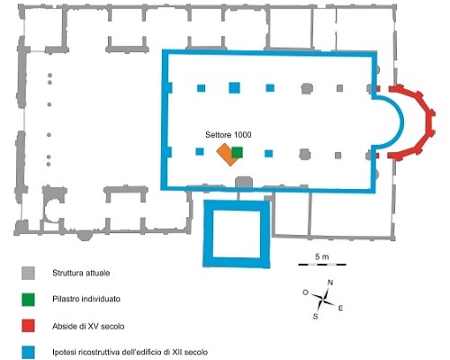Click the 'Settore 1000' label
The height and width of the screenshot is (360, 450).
tap(229, 135)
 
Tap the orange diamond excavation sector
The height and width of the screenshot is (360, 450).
tap(226, 155)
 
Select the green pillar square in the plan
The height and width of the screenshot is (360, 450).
tap(237, 153)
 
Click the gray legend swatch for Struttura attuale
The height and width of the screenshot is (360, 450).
tap(28, 274)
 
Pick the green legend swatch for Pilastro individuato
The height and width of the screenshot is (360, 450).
tap(28, 300)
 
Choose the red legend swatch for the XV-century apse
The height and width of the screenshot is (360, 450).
tap(28, 326)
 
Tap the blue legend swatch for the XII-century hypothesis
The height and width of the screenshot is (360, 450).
tap(28, 353)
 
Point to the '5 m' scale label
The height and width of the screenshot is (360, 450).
tap(322, 256)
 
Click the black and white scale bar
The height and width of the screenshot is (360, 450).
tap(322, 265)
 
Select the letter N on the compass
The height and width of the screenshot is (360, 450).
tap(330, 283)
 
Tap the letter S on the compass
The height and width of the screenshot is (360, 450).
tap(315, 316)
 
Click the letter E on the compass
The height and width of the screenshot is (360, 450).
tap(340, 308)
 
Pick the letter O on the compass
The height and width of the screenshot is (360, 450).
tap(305, 292)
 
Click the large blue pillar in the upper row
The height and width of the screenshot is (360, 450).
tap(234, 87)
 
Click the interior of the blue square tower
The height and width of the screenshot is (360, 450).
tap(237, 234)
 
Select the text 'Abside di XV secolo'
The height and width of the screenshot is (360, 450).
tap(88, 326)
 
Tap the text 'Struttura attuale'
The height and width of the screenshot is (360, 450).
tap(81, 273)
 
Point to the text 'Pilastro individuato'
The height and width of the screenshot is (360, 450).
tap(86, 299)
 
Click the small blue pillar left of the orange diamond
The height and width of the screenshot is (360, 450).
tap(200, 151)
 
